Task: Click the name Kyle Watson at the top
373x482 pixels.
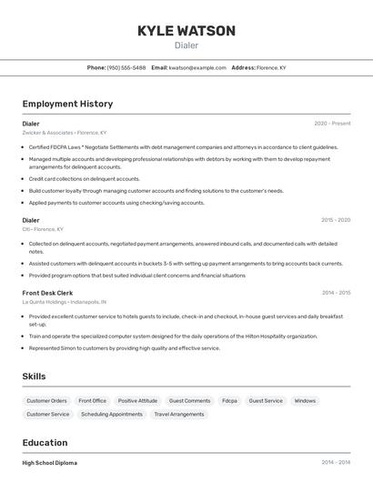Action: [x=186, y=31]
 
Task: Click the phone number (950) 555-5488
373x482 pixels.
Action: [x=126, y=67]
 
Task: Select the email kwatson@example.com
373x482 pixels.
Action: [x=197, y=67]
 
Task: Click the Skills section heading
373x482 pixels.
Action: [x=35, y=376]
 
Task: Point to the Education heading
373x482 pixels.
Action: [x=45, y=443]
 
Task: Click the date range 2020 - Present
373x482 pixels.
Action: [x=332, y=123]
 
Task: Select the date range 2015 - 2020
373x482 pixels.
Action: [x=335, y=220]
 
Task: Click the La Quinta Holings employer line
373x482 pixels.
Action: [x=64, y=302]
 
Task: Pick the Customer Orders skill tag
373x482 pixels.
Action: [x=46, y=401]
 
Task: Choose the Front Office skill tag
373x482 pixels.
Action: [x=92, y=401]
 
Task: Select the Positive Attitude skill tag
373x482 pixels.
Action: [x=137, y=401]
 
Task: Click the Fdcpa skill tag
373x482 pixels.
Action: [x=229, y=401]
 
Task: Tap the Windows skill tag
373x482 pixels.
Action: [x=305, y=401]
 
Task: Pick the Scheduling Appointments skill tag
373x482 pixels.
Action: [x=112, y=415]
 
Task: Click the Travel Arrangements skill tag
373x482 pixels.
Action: [x=179, y=415]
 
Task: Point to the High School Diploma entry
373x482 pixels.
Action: [x=50, y=463]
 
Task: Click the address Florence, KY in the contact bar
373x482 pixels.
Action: [x=271, y=67]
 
